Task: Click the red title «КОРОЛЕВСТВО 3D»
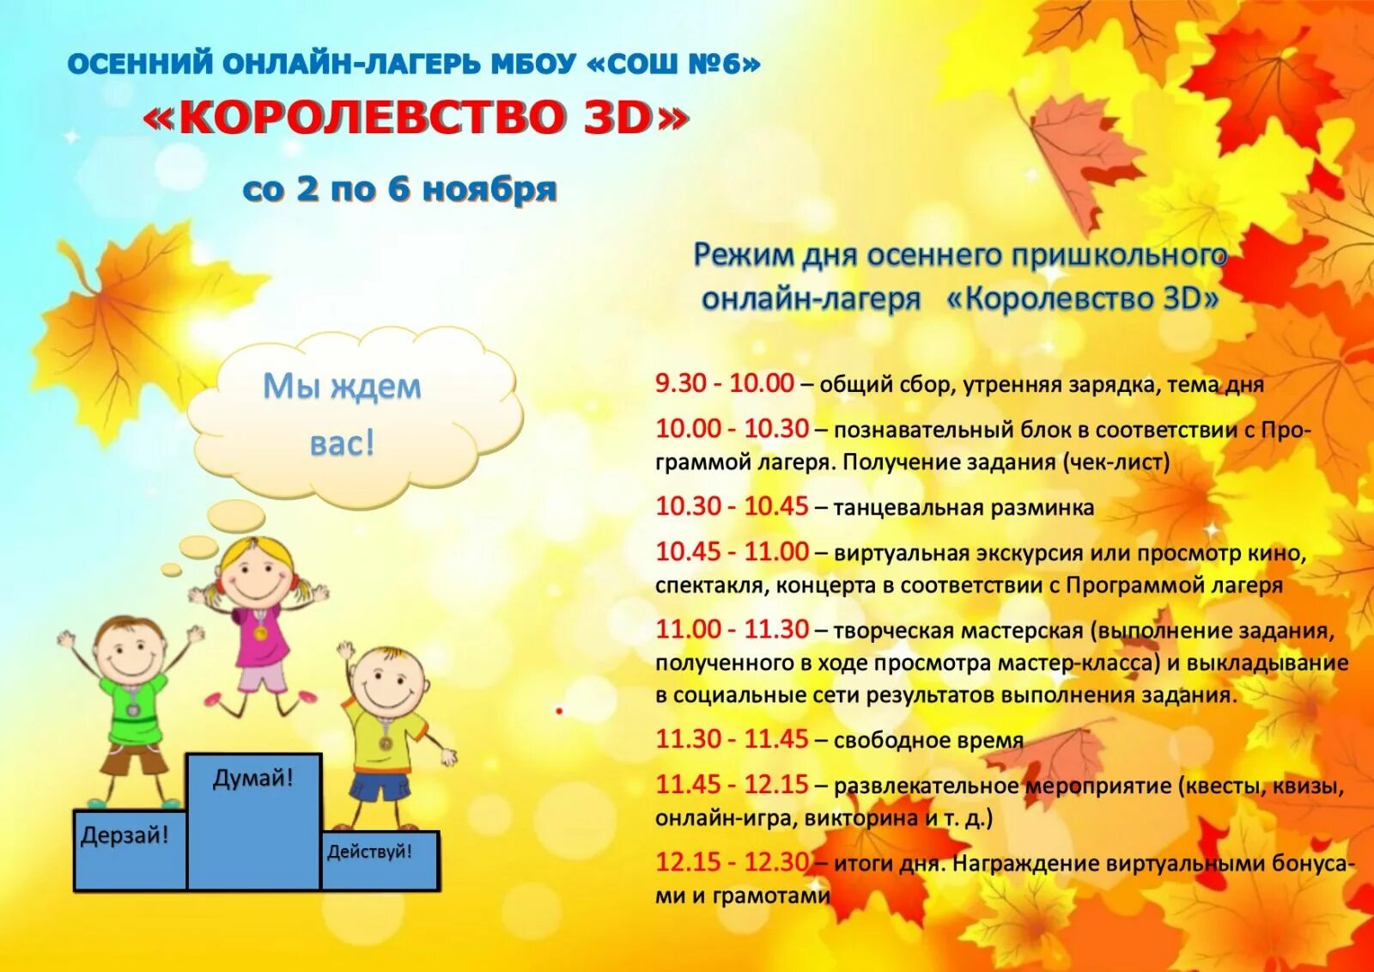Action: [416, 119]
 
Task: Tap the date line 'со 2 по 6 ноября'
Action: [400, 189]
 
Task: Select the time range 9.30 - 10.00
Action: [724, 383]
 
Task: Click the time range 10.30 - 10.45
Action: [732, 506]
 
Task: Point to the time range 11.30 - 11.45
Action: [732, 739]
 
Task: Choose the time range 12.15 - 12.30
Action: [732, 862]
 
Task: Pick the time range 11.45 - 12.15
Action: [732, 785]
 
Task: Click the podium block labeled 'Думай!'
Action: [253, 821]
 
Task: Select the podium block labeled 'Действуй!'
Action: [379, 859]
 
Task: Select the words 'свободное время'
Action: [928, 740]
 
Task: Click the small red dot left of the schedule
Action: [559, 711]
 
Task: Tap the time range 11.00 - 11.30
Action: [732, 629]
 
